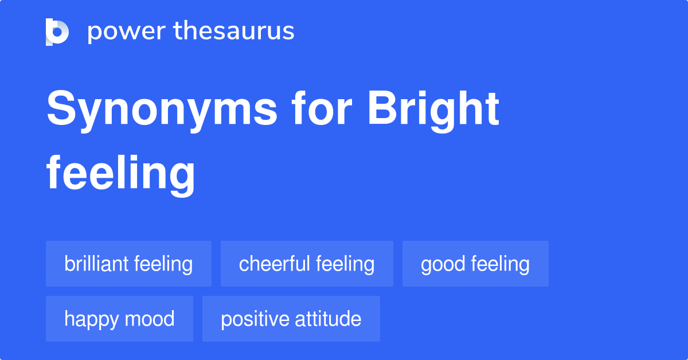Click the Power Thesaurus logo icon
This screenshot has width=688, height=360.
[57, 32]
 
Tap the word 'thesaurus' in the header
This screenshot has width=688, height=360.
[234, 32]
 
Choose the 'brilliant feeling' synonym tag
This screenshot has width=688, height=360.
[128, 264]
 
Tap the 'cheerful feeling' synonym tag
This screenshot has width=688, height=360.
[307, 264]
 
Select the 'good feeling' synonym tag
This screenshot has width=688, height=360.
[475, 264]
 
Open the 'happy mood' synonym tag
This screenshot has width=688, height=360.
[119, 319]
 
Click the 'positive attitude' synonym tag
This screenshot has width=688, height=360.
[291, 319]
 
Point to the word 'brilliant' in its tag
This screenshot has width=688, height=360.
[96, 264]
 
